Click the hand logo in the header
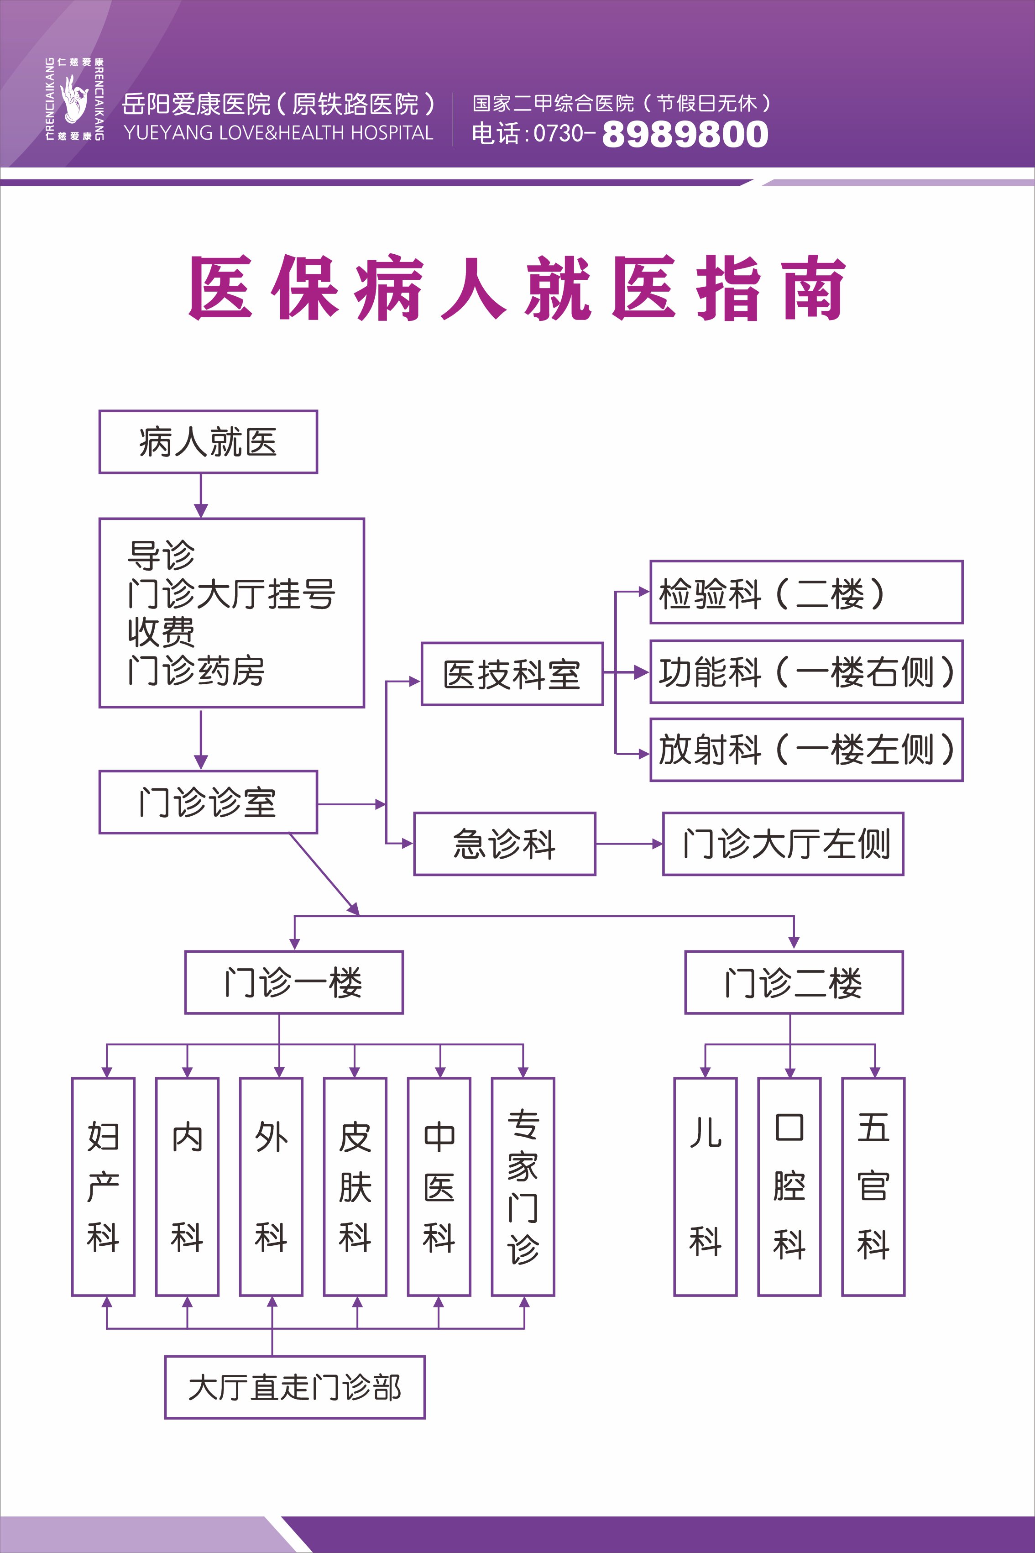pos(74,99)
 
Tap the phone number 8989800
pos(685,134)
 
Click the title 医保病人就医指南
pos(517,288)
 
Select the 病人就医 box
pos(208,442)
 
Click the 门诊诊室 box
pos(208,802)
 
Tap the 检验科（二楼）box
pos(806,592)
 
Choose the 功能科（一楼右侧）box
pos(806,672)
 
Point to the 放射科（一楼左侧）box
pos(806,750)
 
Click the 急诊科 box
pos(504,844)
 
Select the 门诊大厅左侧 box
pos(783,844)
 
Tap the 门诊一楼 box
pos(294,982)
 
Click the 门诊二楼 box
pos(794,982)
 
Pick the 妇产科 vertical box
pos(103,1186)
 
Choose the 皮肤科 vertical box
pos(355,1186)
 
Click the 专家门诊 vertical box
pos(523,1186)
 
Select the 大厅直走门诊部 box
pos(294,1387)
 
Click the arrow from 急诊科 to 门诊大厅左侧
pos(629,844)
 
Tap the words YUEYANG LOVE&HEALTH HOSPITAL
pos(278,133)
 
